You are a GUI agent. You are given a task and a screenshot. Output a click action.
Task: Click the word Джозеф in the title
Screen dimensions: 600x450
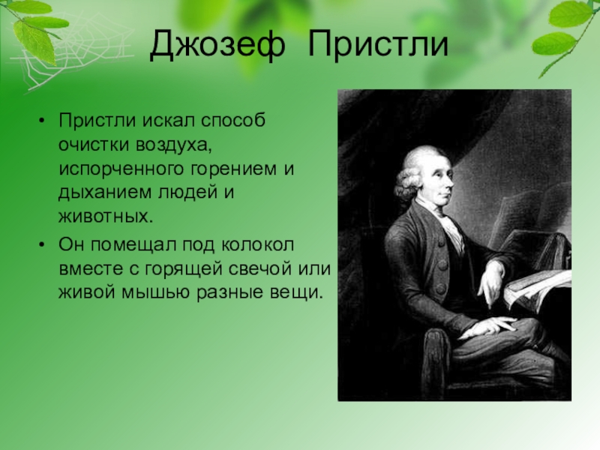point(217,45)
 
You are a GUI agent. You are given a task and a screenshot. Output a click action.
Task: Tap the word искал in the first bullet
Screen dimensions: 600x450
point(169,121)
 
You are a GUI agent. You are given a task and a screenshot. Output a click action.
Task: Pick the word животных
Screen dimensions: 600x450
point(106,216)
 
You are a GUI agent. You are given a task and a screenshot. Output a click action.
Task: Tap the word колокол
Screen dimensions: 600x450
point(257,245)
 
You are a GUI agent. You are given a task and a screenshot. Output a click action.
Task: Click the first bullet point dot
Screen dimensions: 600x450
point(42,121)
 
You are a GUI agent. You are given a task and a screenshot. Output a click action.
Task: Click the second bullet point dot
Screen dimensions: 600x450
point(42,245)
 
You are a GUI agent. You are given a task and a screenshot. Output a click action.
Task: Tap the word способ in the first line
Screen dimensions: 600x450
point(233,121)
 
